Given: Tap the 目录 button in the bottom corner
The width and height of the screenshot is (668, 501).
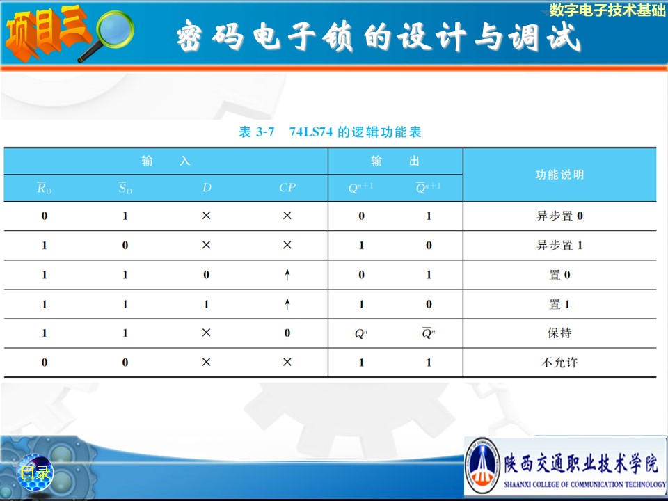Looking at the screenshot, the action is pos(35,472).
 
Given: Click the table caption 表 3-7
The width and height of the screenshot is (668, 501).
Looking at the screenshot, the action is pos(257,132).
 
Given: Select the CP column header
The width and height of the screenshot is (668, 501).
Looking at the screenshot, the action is pos(287,187).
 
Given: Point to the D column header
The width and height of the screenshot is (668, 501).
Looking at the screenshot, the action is pos(207,187).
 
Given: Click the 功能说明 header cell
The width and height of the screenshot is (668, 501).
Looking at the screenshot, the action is pos(559,174).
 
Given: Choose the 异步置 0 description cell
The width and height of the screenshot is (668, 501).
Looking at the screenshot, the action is pos(559,216).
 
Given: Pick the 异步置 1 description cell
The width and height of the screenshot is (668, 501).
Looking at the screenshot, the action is pos(559,246).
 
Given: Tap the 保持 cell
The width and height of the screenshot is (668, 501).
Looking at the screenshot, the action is pos(559,333).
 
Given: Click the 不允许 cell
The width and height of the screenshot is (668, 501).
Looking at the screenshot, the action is pos(559,363).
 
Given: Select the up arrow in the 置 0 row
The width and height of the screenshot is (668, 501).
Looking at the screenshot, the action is pos(287,275).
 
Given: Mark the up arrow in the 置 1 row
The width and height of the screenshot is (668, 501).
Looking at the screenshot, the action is pos(287,304).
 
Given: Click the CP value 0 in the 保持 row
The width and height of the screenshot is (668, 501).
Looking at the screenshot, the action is pos(287,333).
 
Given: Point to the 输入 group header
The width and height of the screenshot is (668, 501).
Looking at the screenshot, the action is pos(166,161).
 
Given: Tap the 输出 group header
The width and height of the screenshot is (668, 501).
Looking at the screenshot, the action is pos(395,161).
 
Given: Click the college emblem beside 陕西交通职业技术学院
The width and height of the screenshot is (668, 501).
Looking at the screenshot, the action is pos(482,466).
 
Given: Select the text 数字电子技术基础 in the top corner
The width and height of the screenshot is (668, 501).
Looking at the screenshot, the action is pos(607,10).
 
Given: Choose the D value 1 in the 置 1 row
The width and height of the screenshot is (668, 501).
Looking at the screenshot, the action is pos(206,304).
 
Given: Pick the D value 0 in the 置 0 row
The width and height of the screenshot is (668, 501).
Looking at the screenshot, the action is pos(206,275).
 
